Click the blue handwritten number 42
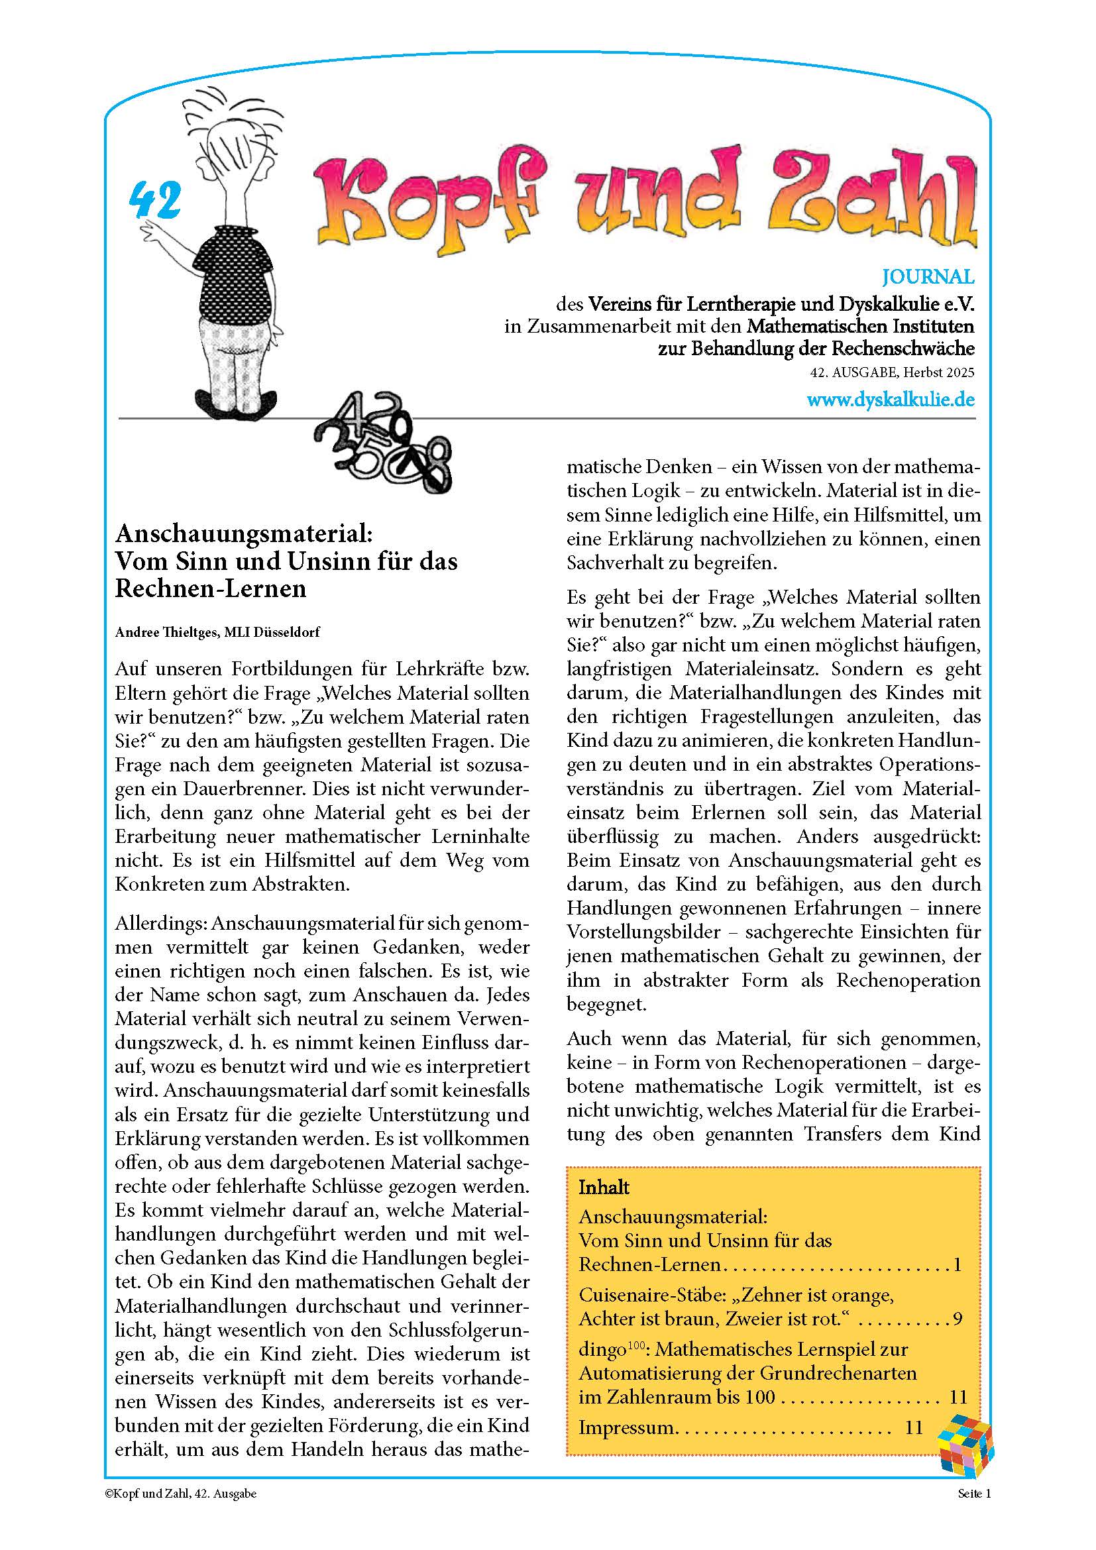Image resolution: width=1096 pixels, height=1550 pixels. (154, 201)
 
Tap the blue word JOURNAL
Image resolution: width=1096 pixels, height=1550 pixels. (928, 277)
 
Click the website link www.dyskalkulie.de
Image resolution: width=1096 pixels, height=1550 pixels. (890, 400)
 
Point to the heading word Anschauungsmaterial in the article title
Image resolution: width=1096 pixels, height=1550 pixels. (244, 533)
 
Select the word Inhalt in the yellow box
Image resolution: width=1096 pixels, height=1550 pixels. (604, 1188)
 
